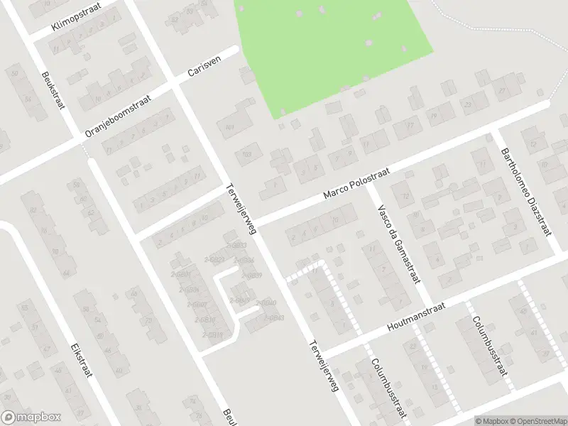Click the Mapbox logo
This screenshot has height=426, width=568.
point(31,417)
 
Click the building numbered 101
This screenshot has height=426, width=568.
point(229,128)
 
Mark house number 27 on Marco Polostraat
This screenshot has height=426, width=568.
point(501,92)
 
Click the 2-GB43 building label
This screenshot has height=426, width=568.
point(274,317)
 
